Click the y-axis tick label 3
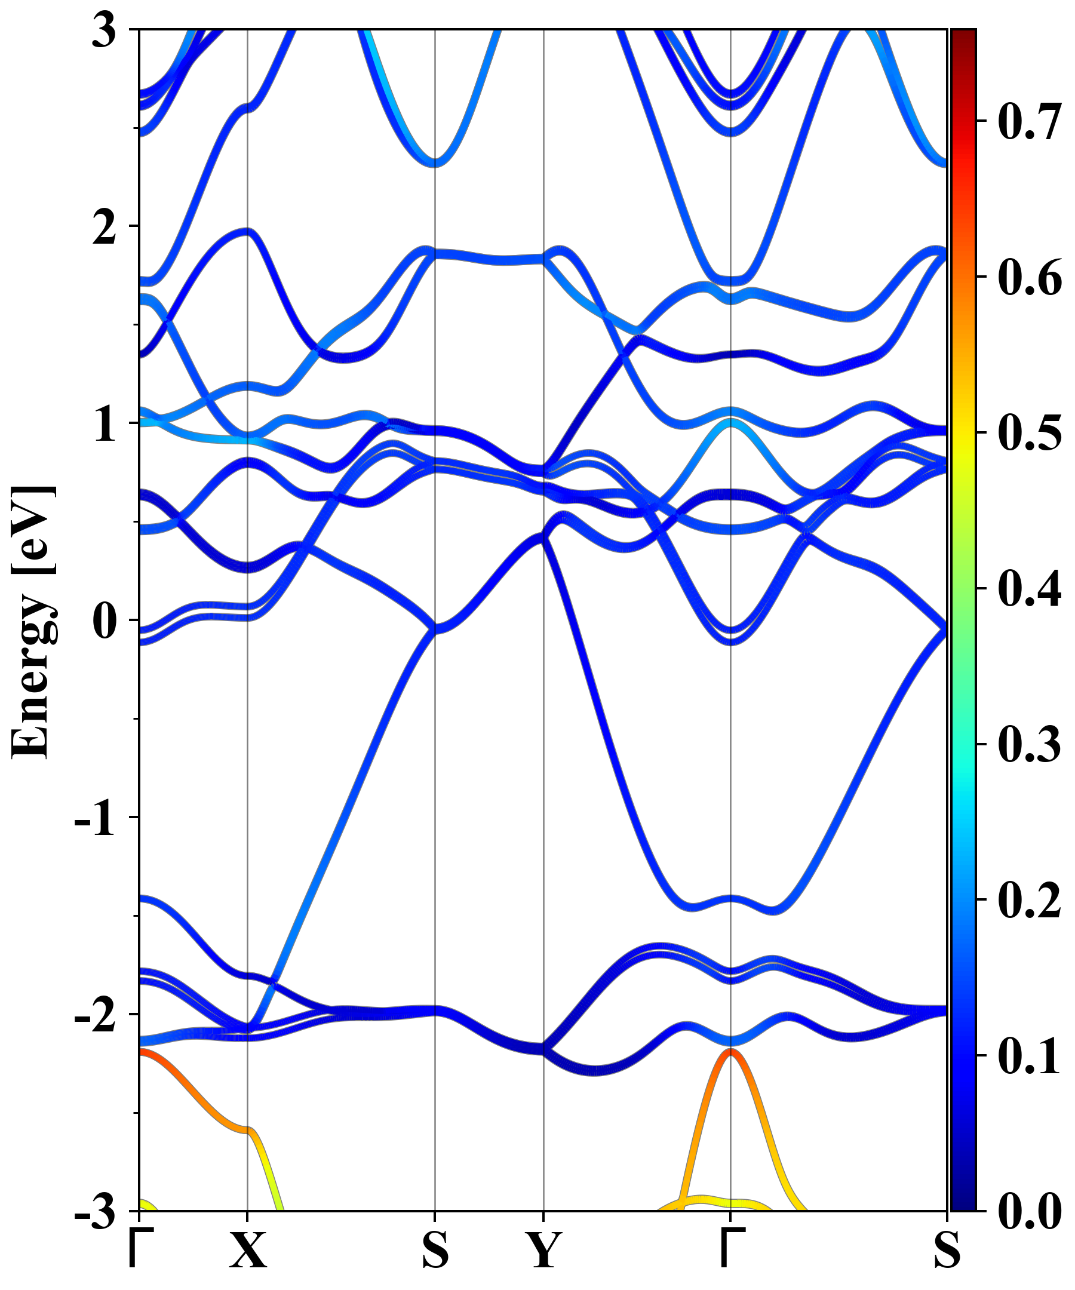coord(104,30)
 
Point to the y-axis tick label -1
coord(94,818)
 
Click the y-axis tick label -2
coord(94,1015)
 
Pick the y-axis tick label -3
coord(94,1211)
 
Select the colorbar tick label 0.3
coord(1030,744)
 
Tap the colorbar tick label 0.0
coord(1030,1211)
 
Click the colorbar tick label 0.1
coord(1030,1055)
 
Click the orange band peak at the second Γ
coord(730,1052)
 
